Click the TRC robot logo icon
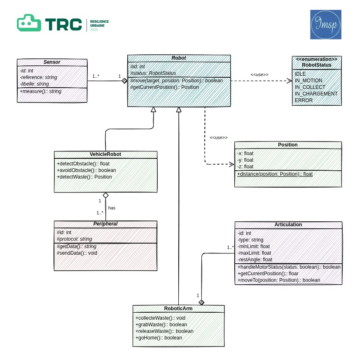29,23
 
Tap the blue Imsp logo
325,25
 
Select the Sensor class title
52,62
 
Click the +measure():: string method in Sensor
40,91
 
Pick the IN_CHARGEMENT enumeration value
316,94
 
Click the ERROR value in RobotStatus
304,100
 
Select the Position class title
287,145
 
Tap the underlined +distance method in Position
275,174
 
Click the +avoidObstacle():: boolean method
86,170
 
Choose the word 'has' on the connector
112,208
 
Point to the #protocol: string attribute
74,239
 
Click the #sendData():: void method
77,253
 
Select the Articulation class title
288,225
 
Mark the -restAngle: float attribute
255,260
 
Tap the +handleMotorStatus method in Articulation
289,267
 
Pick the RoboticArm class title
178,308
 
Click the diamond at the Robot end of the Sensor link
124,81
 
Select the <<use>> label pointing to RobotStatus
259,74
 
